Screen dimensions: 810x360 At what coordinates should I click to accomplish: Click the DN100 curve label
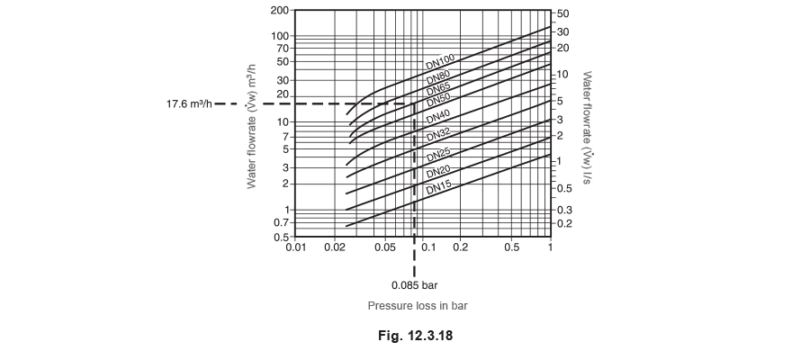click(440, 62)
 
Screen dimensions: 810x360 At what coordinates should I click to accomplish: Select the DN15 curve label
click(438, 187)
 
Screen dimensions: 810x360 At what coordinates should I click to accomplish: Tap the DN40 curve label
click(438, 117)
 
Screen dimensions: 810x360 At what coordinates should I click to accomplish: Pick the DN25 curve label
click(438, 155)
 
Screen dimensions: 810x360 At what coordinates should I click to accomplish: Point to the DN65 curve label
click(438, 90)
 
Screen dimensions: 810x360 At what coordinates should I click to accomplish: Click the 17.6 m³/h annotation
click(189, 103)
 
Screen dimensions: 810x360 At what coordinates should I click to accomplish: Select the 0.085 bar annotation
click(414, 284)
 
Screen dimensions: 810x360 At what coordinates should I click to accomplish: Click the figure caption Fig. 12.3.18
click(415, 336)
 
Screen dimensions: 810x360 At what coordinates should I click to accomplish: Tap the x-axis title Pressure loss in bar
click(418, 306)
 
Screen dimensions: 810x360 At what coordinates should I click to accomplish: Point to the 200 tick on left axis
click(281, 10)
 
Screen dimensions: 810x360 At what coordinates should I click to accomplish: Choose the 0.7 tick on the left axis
click(282, 223)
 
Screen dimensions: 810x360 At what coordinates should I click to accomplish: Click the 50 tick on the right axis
click(562, 13)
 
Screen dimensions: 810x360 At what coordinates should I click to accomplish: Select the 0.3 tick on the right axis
click(564, 210)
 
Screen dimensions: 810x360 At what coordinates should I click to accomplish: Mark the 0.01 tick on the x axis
click(296, 247)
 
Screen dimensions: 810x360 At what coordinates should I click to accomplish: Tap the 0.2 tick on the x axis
click(460, 247)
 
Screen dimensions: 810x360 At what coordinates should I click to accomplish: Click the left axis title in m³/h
click(252, 127)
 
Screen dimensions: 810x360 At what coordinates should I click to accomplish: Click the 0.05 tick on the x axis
click(385, 247)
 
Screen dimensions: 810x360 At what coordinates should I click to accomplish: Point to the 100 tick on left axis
click(281, 36)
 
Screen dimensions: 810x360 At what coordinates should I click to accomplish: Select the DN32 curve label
click(438, 135)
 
